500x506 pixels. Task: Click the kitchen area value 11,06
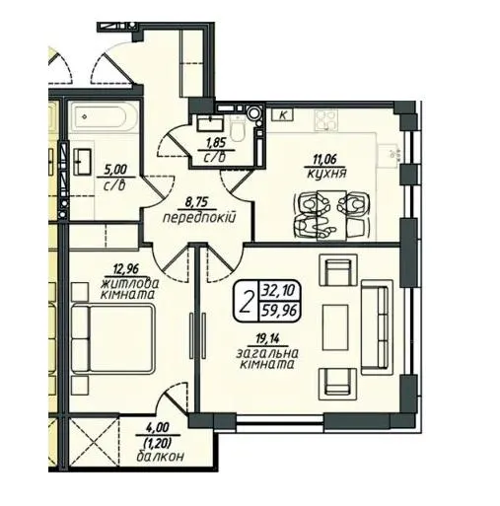pyautogui.click(x=325, y=160)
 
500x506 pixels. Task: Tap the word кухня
pyautogui.click(x=326, y=174)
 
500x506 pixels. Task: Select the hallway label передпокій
pyautogui.click(x=199, y=218)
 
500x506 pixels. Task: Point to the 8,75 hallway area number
pyautogui.click(x=196, y=202)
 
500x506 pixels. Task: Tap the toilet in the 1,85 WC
pyautogui.click(x=238, y=129)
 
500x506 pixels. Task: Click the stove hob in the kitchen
pyautogui.click(x=325, y=119)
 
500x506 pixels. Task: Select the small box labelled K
pyautogui.click(x=282, y=115)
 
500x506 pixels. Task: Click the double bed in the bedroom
pyautogui.click(x=112, y=338)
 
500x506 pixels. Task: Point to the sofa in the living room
pyautogui.click(x=377, y=327)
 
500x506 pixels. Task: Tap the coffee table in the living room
pyautogui.click(x=335, y=327)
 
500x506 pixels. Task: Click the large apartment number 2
pyautogui.click(x=246, y=303)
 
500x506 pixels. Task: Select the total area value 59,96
pyautogui.click(x=279, y=311)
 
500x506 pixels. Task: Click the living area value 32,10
pyautogui.click(x=279, y=291)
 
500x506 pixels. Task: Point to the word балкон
pyautogui.click(x=160, y=457)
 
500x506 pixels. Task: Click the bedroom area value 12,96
pyautogui.click(x=125, y=270)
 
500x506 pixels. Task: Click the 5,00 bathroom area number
pyautogui.click(x=115, y=170)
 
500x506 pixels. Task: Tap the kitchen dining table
pyautogui.click(x=331, y=215)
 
